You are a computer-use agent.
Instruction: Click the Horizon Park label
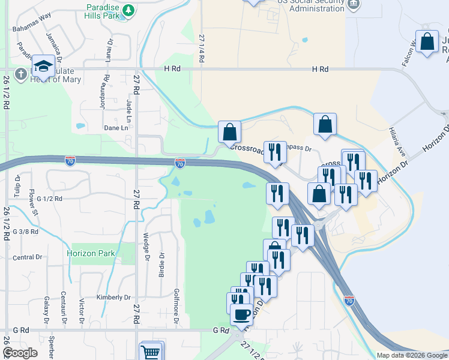91,253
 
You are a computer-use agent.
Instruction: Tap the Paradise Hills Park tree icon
128,10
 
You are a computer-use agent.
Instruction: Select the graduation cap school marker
43,65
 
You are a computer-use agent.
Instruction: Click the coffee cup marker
241,314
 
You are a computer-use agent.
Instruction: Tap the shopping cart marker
151,352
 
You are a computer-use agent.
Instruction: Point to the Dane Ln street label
116,128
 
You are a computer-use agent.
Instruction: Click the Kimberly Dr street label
113,297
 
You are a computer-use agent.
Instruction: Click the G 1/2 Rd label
49,198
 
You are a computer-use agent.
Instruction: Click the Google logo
20,353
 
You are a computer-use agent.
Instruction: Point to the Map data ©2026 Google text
411,355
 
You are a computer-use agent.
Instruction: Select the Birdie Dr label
161,263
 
